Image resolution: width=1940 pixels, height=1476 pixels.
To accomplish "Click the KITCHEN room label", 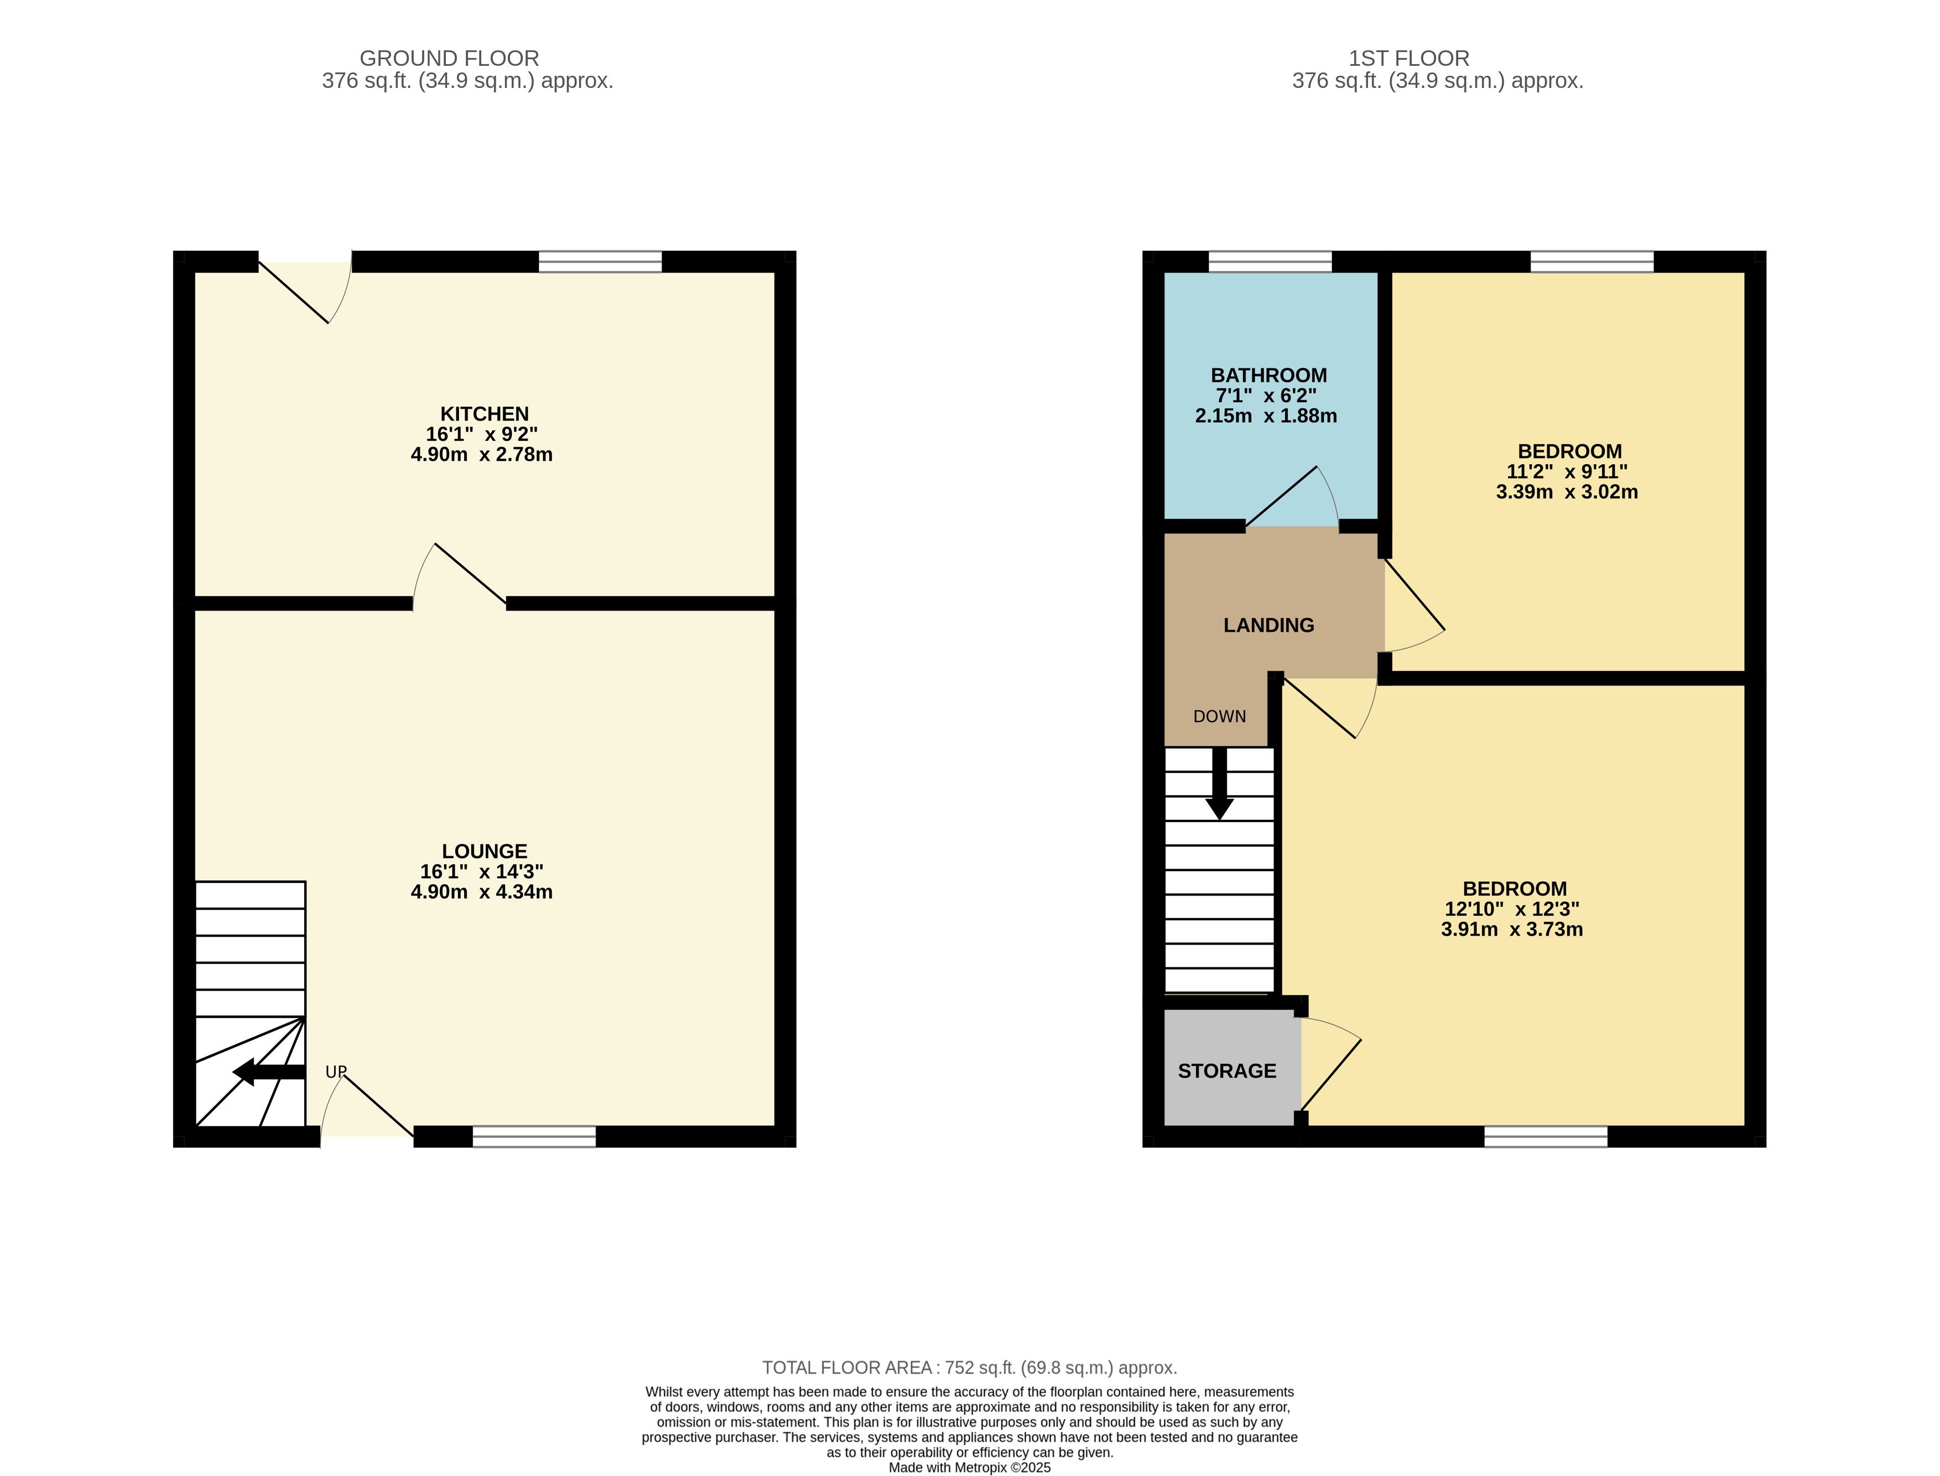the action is [x=484, y=414].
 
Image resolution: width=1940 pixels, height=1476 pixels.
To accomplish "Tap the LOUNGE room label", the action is [x=484, y=851].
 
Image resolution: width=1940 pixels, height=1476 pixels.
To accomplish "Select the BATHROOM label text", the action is [x=1269, y=375].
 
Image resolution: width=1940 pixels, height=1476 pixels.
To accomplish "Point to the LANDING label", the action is [x=1269, y=626].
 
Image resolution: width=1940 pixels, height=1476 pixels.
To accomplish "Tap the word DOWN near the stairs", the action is [x=1220, y=717].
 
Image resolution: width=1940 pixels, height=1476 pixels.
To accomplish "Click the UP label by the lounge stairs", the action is [x=336, y=1072].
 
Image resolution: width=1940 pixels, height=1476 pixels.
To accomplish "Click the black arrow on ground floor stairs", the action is [x=269, y=1072].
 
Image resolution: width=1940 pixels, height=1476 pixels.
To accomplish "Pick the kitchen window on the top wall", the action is [x=600, y=262].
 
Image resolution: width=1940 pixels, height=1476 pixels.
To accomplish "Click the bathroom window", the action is [x=1271, y=262].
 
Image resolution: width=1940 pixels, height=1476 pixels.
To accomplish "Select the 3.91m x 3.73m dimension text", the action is [x=1512, y=929].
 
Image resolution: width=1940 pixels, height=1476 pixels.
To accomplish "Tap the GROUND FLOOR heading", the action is [x=449, y=59].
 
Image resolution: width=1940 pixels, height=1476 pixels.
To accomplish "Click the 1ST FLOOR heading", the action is [x=1410, y=59].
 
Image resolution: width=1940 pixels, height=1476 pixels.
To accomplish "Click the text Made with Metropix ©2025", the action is [x=970, y=1467].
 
